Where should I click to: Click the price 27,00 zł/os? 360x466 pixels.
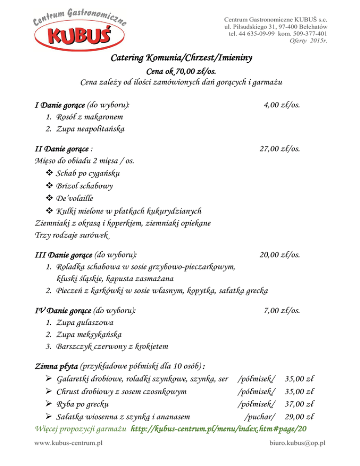[280, 149]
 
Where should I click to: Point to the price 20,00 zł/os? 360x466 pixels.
[280, 255]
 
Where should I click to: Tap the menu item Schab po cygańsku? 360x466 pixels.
[88, 173]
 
